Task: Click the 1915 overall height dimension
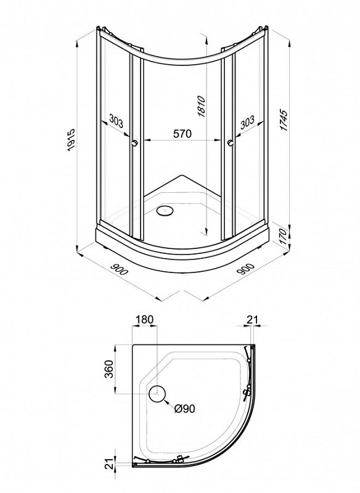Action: coord(71,140)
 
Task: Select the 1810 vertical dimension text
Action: coord(201,107)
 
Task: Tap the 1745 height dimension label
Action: coord(284,120)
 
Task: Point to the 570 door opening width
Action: coord(182,134)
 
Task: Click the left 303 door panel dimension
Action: coord(116,120)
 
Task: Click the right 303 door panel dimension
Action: coord(247,122)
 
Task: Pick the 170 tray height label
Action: coord(283,237)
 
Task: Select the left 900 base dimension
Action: coord(120,269)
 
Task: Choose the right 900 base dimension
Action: coord(245,269)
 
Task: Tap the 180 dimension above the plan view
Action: coord(144,319)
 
